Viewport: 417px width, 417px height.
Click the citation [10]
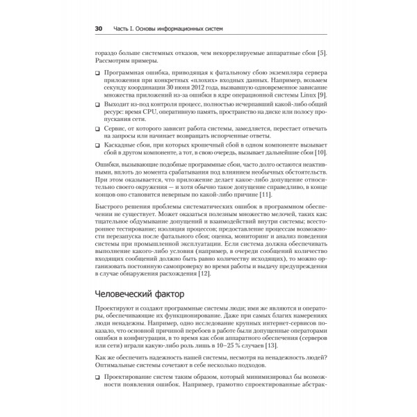coord(320,152)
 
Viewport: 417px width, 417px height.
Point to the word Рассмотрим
coord(113,63)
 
